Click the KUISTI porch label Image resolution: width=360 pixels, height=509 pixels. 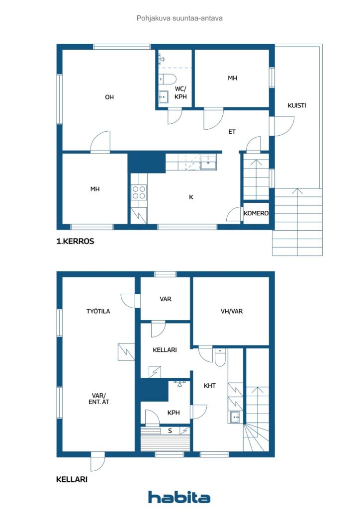click(297, 105)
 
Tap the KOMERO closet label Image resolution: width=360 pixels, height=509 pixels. click(256, 213)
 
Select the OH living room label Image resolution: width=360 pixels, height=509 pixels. click(109, 97)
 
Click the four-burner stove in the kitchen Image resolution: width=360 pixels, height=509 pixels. click(139, 192)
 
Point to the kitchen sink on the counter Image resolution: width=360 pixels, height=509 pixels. click(208, 163)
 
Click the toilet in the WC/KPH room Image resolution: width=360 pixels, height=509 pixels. click(167, 79)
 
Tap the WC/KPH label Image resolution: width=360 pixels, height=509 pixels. click(180, 92)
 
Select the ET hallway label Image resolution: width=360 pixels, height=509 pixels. click(232, 132)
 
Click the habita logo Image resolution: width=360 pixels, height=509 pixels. click(179, 497)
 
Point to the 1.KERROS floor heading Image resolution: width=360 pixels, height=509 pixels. click(75, 241)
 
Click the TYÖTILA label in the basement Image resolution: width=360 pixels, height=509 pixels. click(98, 311)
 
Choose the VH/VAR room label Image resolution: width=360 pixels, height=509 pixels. click(231, 311)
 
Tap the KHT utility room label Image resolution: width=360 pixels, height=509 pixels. click(210, 386)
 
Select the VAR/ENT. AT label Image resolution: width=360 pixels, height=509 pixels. click(98, 399)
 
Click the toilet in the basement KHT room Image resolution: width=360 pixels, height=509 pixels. click(220, 357)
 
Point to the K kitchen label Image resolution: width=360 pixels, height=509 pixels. click(191, 197)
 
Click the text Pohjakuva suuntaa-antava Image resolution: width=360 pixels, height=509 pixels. click(180, 18)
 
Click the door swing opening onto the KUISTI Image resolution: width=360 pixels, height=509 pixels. click(284, 126)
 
